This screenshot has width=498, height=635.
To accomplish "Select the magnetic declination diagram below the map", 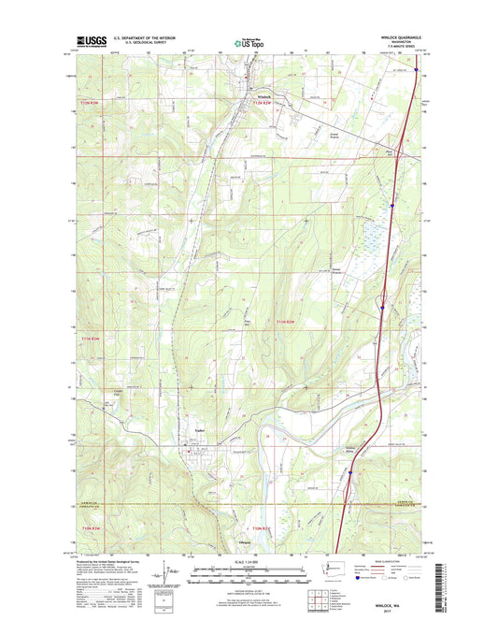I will [x=169, y=573].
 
